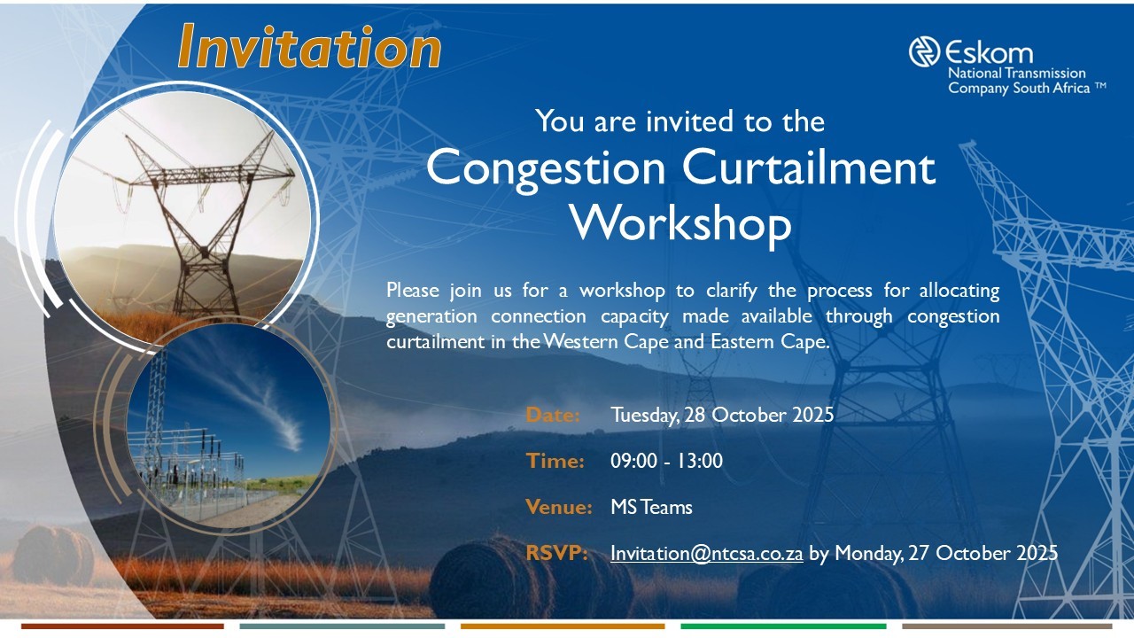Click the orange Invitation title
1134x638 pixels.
point(309,47)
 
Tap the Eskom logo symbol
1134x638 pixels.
point(924,51)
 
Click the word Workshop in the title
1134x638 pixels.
point(680,222)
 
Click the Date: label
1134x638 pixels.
point(553,415)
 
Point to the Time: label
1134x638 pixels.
point(555,461)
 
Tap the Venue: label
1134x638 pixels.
point(558,507)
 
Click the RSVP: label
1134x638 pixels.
point(557,553)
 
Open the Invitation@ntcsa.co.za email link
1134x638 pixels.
point(706,553)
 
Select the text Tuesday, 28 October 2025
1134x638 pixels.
point(722,415)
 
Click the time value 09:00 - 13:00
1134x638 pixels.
point(666,461)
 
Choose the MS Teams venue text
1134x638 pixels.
point(651,507)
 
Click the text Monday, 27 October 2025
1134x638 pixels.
point(946,553)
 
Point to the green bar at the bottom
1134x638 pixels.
point(782,626)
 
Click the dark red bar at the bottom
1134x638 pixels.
point(122,626)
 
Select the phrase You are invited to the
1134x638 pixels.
point(680,121)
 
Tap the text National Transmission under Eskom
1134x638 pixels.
point(1016,74)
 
